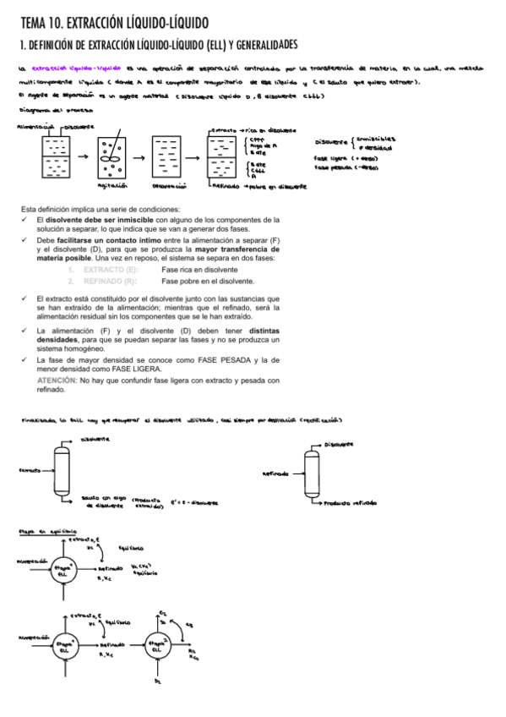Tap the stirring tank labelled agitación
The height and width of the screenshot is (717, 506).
pos(112,159)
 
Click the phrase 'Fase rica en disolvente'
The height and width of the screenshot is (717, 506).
pos(201,270)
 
